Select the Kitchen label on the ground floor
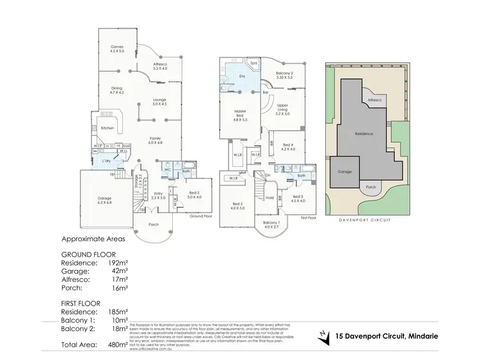pyautogui.click(x=108, y=129)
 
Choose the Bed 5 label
pyautogui.click(x=195, y=194)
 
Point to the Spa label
pyautogui.click(x=253, y=63)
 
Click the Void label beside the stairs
pyautogui.click(x=269, y=198)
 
